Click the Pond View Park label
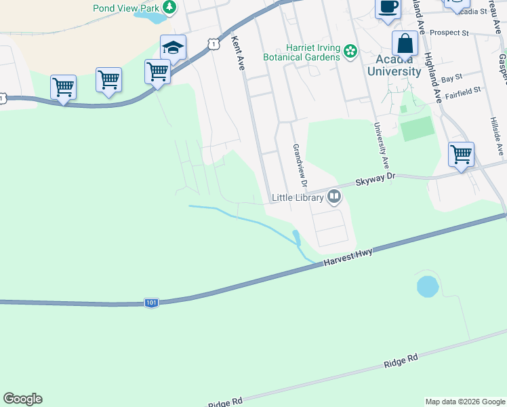pyautogui.click(x=126, y=8)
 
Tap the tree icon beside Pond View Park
pyautogui.click(x=169, y=7)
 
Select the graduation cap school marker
pyautogui.click(x=173, y=48)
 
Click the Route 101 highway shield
pyautogui.click(x=151, y=303)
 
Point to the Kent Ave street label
pyautogui.click(x=237, y=54)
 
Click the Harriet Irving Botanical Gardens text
pyautogui.click(x=312, y=53)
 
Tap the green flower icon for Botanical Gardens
pyautogui.click(x=350, y=52)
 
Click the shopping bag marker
pyautogui.click(x=405, y=44)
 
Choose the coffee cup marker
pyautogui.click(x=388, y=7)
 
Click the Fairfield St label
pyautogui.click(x=462, y=90)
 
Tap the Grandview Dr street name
pyautogui.click(x=299, y=166)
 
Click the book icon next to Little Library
pyautogui.click(x=333, y=197)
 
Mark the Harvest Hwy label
pyautogui.click(x=348, y=259)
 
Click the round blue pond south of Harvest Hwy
pyautogui.click(x=428, y=286)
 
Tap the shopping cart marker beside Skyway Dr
pyautogui.click(x=461, y=155)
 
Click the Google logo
pyautogui.click(x=22, y=399)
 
